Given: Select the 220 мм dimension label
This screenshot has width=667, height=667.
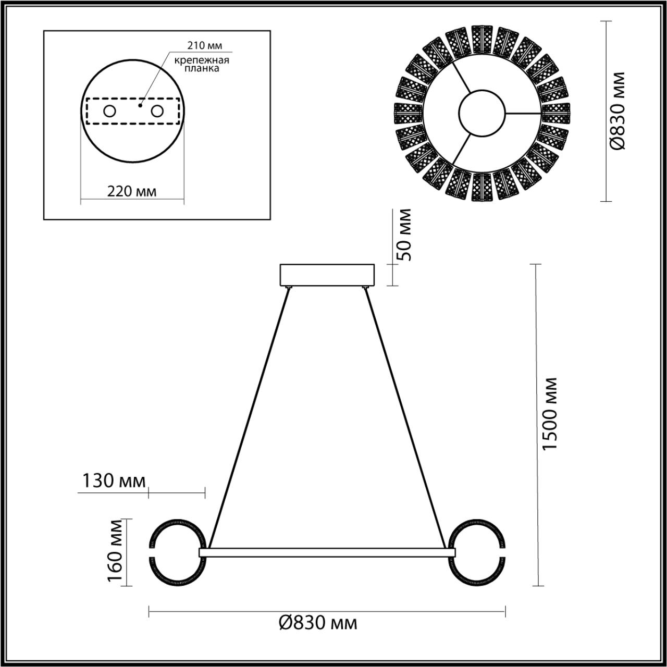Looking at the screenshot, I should pyautogui.click(x=131, y=191).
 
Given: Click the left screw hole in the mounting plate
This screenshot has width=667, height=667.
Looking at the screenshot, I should pyautogui.click(x=109, y=111).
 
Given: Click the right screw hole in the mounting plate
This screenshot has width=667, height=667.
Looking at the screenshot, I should pyautogui.click(x=156, y=111).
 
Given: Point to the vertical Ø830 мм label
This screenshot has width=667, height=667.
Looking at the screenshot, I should pyautogui.click(x=618, y=111).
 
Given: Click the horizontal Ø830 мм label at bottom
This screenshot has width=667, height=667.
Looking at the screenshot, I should pyautogui.click(x=318, y=623).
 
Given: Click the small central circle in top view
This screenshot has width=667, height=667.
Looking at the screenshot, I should pyautogui.click(x=482, y=113).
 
